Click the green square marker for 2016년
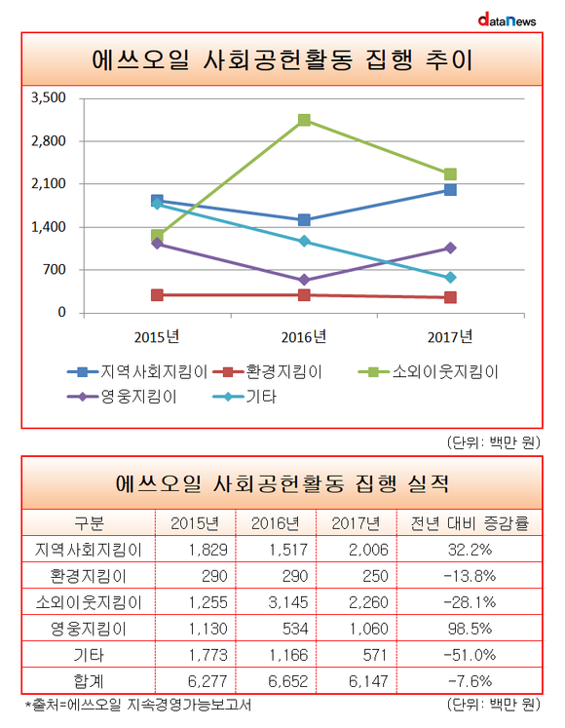[304, 120]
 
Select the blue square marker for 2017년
[450, 189]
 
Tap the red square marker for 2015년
[157, 295]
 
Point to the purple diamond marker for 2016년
[304, 280]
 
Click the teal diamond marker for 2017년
[450, 278]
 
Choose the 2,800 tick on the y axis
[49, 140]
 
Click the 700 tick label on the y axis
[55, 270]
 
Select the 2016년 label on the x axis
[304, 336]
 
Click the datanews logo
[507, 20]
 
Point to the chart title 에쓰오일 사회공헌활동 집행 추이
[282, 59]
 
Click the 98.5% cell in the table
[470, 629]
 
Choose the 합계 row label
[89, 681]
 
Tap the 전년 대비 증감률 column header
[470, 523]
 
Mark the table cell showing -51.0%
[470, 655]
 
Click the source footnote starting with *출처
[138, 705]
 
